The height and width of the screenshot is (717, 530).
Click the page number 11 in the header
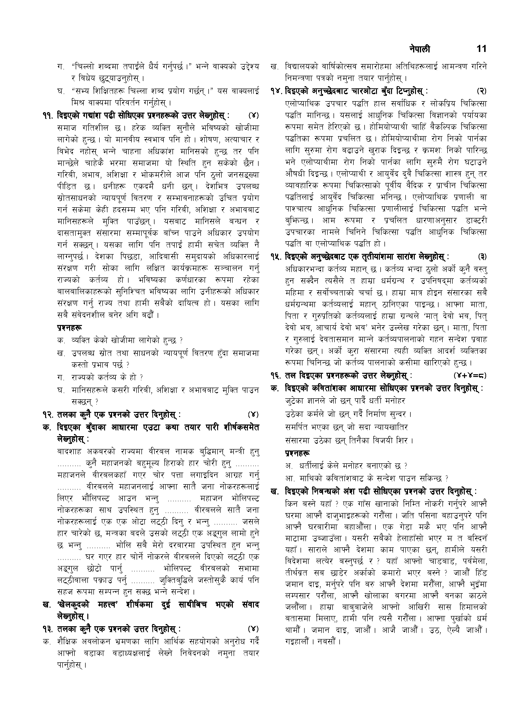tap(481, 49)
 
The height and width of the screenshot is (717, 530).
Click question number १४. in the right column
tap(277, 92)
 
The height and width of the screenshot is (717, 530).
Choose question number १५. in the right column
tap(277, 257)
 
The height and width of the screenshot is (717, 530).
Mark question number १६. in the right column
tap(277, 375)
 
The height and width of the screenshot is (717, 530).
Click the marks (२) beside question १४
tap(481, 92)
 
